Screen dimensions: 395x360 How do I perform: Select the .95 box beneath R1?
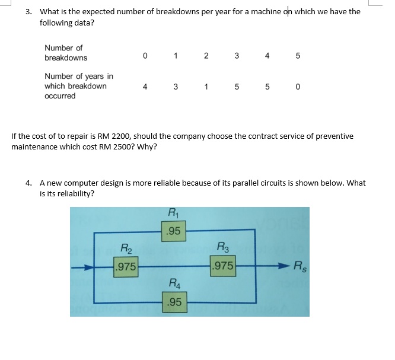tap(174, 231)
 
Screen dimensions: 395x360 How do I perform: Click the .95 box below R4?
tap(174, 304)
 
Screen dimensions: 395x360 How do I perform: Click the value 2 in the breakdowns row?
tap(206, 57)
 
